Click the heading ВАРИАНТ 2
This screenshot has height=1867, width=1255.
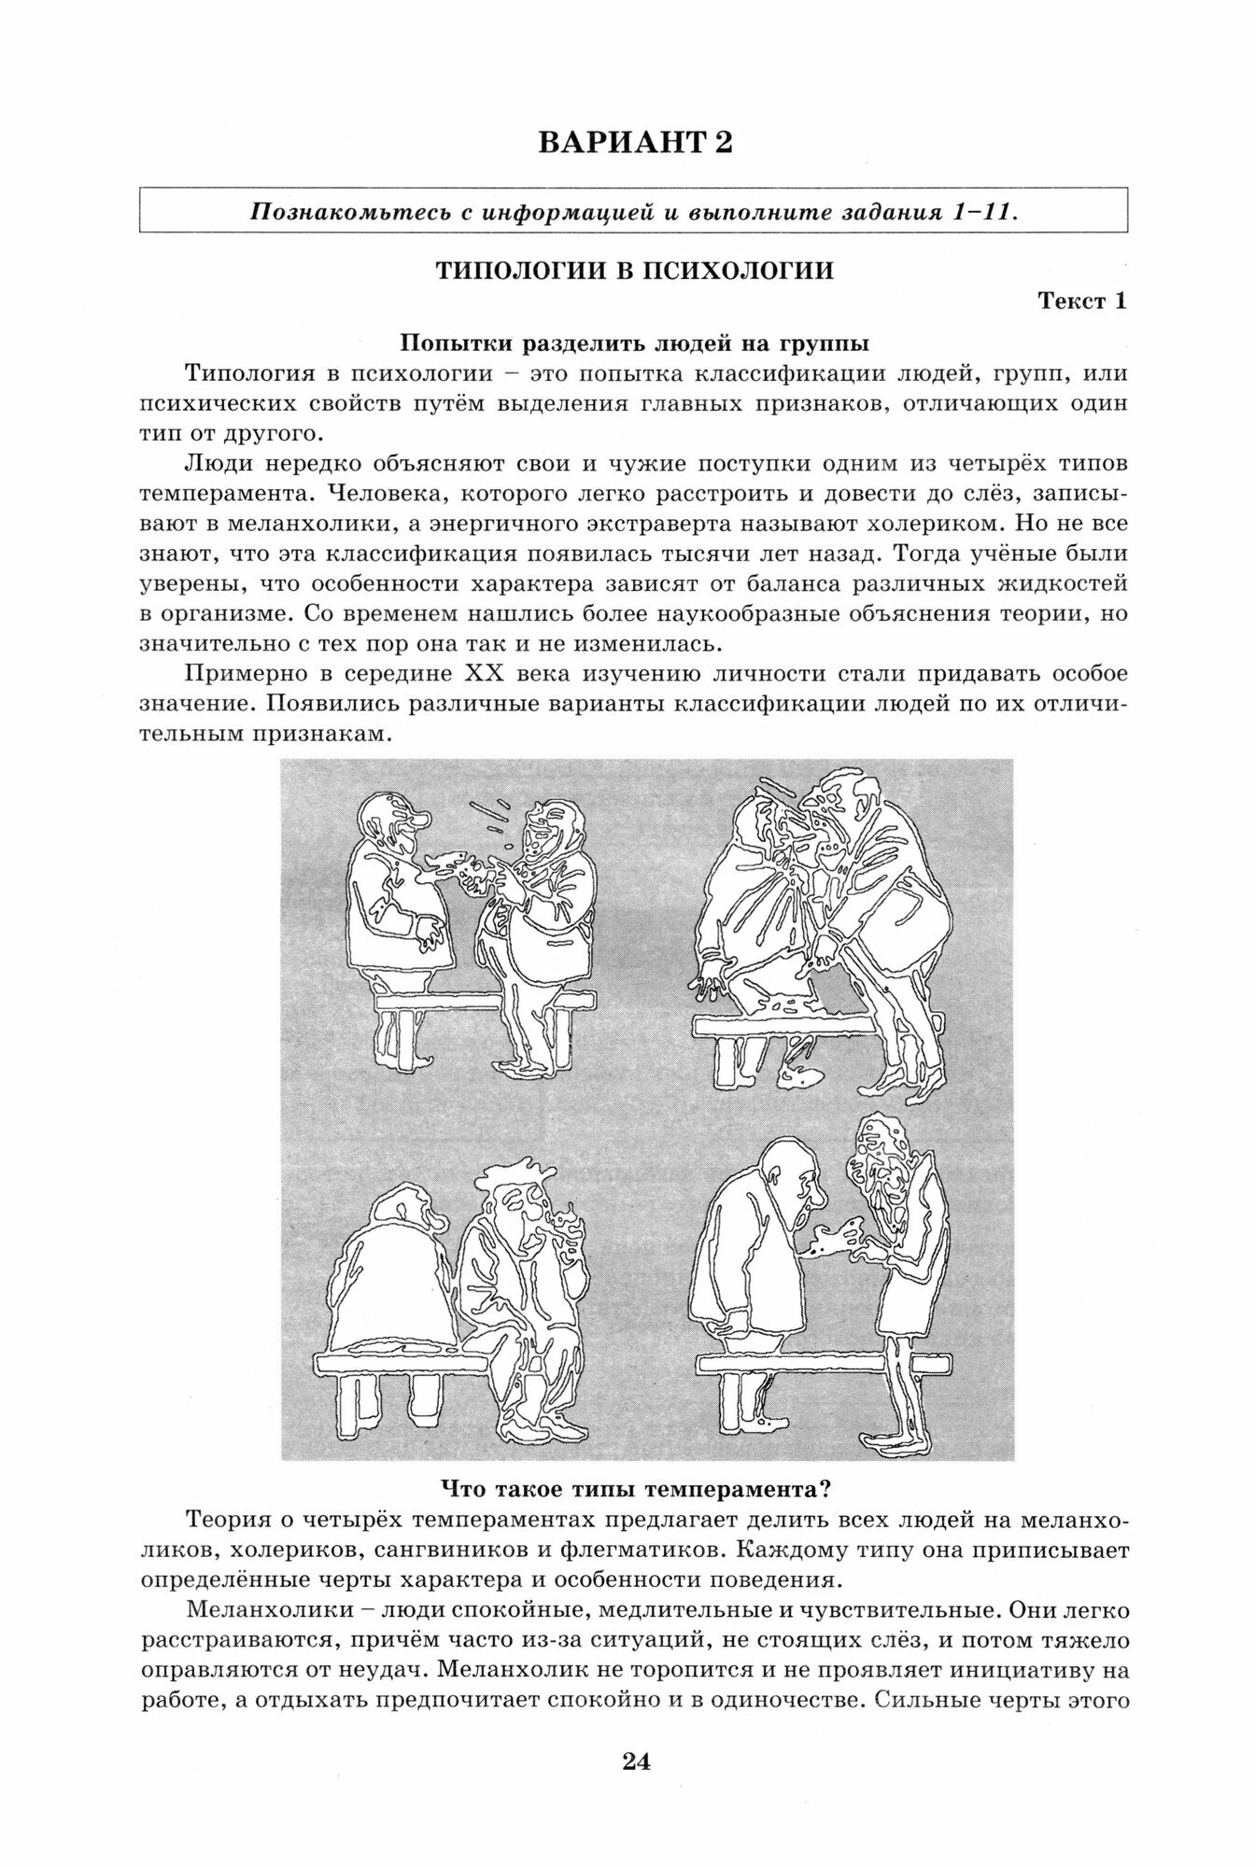[x=634, y=143]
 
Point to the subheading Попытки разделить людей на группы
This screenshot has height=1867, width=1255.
[x=634, y=343]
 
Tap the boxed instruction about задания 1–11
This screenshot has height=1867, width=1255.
[x=634, y=211]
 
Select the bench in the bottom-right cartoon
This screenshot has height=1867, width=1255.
[x=822, y=1365]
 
